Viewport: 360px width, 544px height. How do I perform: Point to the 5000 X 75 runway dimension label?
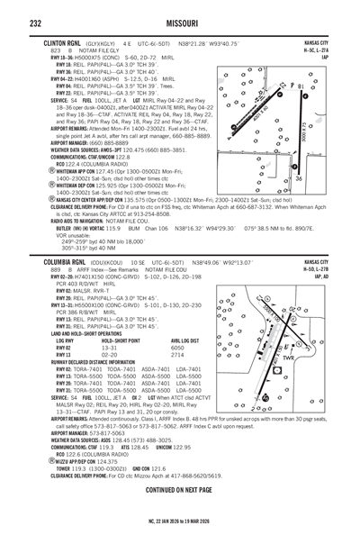tap(329, 135)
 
